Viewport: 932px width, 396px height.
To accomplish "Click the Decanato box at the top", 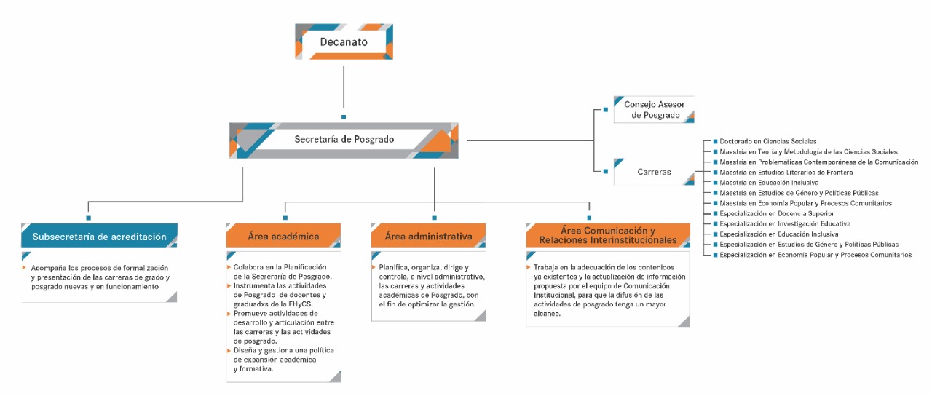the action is [x=344, y=41].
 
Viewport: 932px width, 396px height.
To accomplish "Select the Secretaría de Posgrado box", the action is [x=344, y=140].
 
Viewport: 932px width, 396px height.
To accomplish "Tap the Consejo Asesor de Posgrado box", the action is [x=654, y=110].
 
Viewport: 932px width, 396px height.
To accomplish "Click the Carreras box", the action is [x=654, y=172].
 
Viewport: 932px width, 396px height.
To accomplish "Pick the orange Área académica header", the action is [x=283, y=235].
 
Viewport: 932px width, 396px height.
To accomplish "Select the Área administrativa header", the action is [x=429, y=235].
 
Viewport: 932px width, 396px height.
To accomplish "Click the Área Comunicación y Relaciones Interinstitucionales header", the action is [x=608, y=235].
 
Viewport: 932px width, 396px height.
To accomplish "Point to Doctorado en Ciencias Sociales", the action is [x=768, y=141].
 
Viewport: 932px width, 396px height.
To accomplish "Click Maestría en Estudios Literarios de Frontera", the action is [x=786, y=173].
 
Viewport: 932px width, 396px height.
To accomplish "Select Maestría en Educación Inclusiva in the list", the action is [x=770, y=183].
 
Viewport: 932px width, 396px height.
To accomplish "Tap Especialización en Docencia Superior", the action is [x=777, y=213].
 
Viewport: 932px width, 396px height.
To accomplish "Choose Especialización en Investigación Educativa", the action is [x=785, y=223].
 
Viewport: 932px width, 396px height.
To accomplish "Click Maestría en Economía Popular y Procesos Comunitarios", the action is [x=806, y=203].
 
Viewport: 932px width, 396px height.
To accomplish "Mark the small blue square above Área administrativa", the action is [x=435, y=218].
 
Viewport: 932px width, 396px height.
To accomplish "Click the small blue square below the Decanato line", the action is [x=344, y=117].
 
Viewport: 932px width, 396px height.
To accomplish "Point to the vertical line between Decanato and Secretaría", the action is [x=344, y=87].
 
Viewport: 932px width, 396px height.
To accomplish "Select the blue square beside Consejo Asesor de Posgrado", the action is [x=606, y=110].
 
